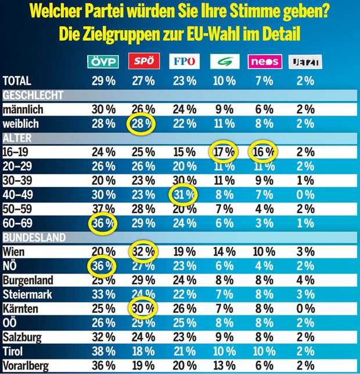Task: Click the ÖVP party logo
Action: (102, 62)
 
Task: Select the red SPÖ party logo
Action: (143, 62)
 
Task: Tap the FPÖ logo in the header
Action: (183, 62)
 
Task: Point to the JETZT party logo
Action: (305, 62)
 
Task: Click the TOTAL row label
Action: (17, 81)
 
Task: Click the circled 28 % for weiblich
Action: (140, 124)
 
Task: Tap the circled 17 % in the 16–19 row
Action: (223, 152)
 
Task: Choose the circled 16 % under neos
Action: (263, 152)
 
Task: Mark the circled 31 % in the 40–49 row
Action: (183, 195)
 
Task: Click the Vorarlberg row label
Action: (27, 365)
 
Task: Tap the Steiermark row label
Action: (27, 294)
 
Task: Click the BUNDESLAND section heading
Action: (33, 238)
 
